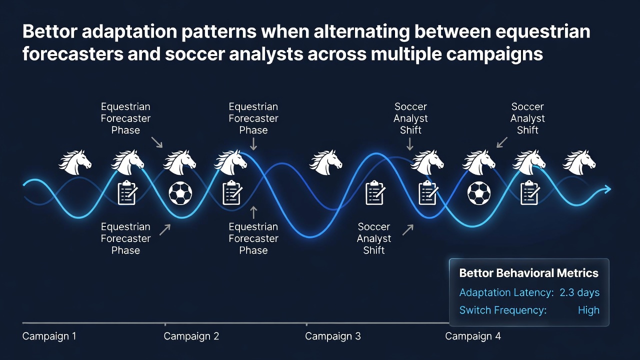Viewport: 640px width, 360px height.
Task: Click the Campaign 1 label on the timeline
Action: click(x=49, y=336)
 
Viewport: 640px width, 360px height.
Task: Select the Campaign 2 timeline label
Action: click(x=191, y=336)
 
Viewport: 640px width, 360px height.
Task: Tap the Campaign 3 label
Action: click(x=333, y=336)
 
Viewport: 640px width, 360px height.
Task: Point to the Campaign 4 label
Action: click(x=473, y=336)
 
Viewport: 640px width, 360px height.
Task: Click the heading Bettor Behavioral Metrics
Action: click(x=529, y=273)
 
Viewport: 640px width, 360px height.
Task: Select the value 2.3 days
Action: click(x=579, y=292)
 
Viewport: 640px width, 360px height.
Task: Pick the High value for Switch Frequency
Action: click(x=588, y=310)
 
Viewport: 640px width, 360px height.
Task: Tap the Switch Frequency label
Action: click(x=503, y=310)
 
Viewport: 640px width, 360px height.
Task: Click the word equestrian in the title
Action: click(x=543, y=32)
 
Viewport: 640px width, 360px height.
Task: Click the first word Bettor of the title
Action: click(x=49, y=31)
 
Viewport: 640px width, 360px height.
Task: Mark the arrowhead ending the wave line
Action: click(x=607, y=189)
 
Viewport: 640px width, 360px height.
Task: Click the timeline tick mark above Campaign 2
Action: click(x=165, y=324)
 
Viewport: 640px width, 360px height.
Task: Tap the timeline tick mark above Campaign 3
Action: click(x=306, y=324)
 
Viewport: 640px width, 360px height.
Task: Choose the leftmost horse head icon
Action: click(x=75, y=162)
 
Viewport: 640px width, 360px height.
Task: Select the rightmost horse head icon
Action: click(x=579, y=162)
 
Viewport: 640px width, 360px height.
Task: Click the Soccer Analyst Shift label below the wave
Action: click(x=373, y=238)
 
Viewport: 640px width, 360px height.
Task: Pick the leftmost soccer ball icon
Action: click(x=180, y=193)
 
